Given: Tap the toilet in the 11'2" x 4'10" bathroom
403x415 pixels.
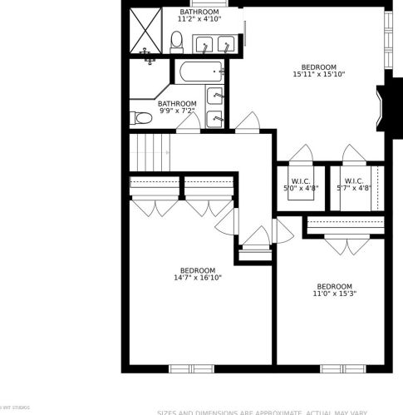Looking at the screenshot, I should [176, 42].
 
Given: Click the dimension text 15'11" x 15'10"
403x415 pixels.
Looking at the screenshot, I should [318, 75].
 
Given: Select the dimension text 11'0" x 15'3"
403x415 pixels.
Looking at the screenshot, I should [334, 294].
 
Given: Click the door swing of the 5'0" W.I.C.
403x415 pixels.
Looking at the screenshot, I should [301, 155].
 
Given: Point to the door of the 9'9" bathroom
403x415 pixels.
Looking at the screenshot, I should [189, 123].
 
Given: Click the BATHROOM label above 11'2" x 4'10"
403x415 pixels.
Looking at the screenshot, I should [199, 12].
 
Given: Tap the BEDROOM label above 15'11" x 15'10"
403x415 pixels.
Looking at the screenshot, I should [318, 67].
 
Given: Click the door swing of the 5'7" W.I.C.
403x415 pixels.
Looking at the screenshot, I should [353, 155].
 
